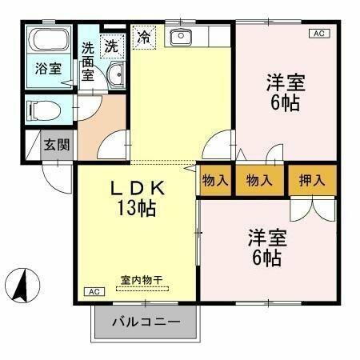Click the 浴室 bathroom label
pyautogui.click(x=47, y=69)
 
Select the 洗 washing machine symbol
pyautogui.click(x=113, y=46)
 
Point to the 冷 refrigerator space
pyautogui.click(x=144, y=37)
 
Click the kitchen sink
pyautogui.click(x=182, y=36)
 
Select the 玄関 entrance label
pyautogui.click(x=56, y=145)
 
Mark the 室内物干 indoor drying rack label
pyautogui.click(x=141, y=280)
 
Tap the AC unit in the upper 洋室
pyautogui.click(x=318, y=34)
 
